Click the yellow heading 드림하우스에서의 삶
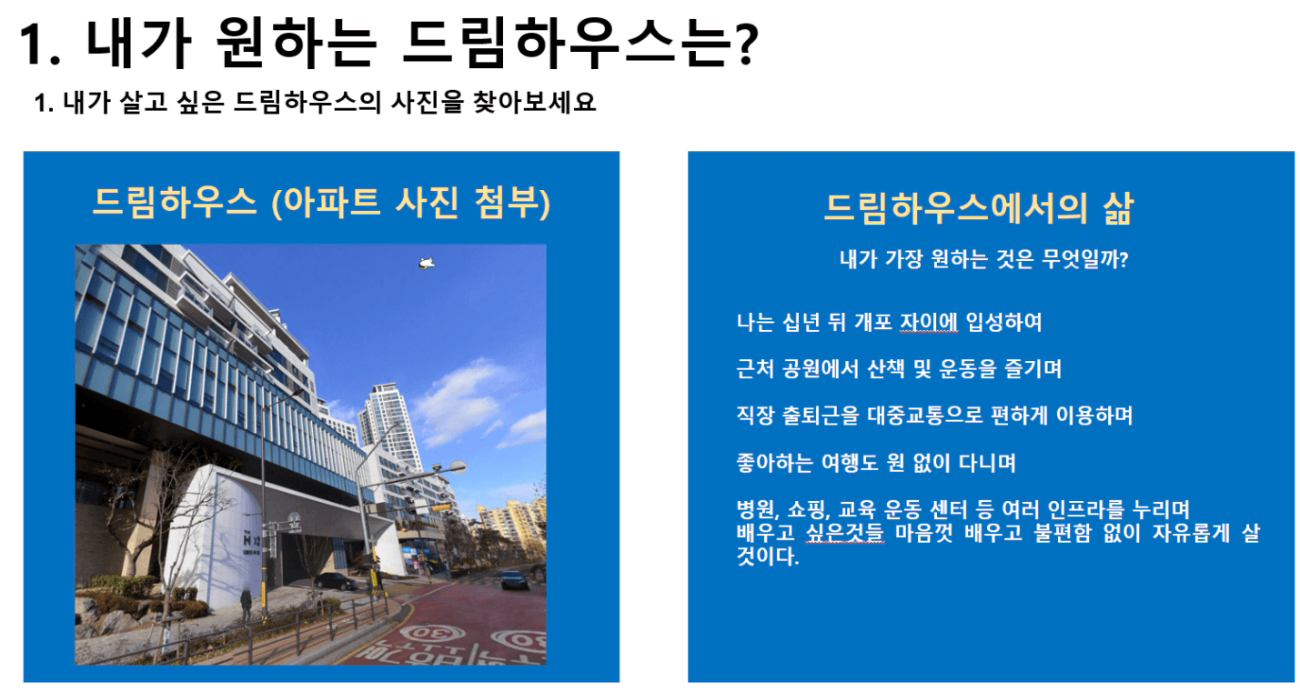coord(979,208)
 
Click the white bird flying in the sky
coord(427,264)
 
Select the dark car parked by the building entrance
coord(336,581)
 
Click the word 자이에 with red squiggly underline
coord(929,322)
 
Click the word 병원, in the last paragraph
coord(758,510)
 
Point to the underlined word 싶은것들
coord(844,533)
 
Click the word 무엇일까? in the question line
coord(1084,259)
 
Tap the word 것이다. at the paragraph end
coord(768,557)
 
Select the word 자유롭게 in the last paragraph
coord(1191,533)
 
